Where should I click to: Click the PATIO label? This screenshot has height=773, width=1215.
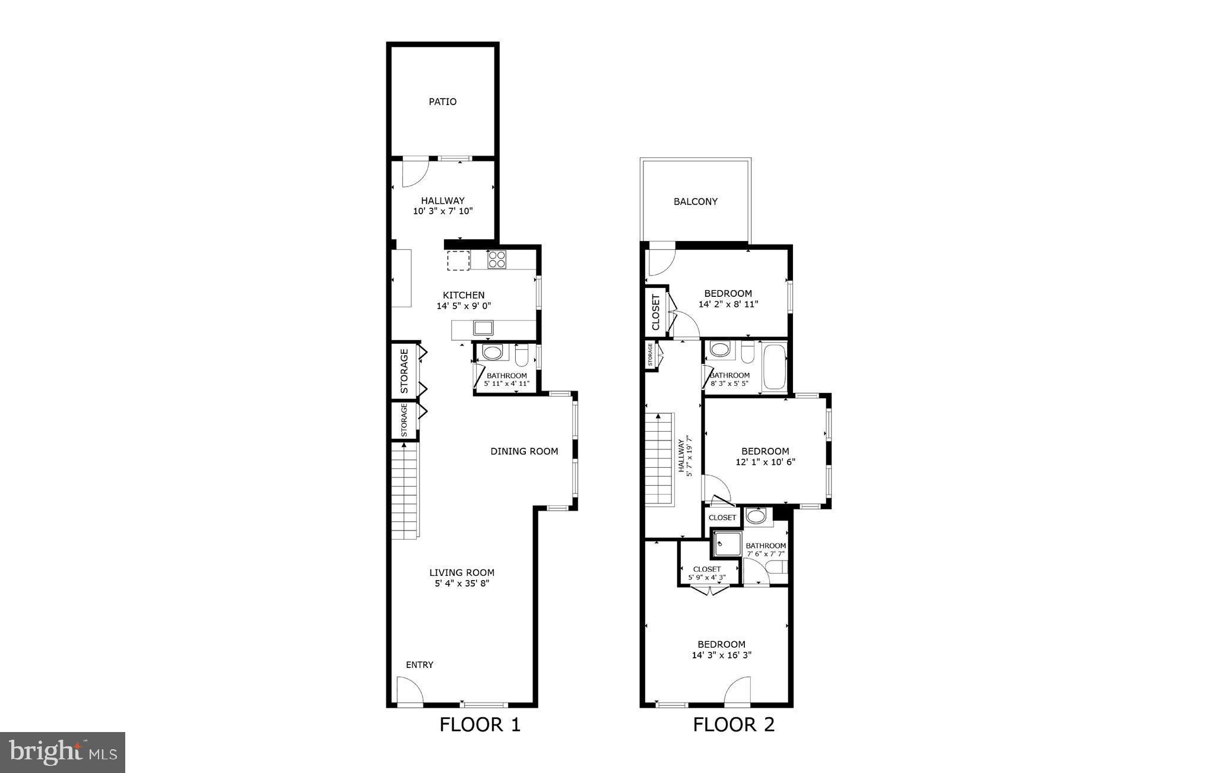[x=443, y=102]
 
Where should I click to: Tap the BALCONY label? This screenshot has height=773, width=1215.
[x=696, y=201]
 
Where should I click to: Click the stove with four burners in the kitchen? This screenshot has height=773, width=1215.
[x=497, y=259]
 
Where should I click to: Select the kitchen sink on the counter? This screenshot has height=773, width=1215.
[x=483, y=327]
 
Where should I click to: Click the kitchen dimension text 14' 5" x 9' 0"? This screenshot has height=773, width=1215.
[x=464, y=306]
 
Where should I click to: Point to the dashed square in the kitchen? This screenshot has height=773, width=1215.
[x=458, y=260]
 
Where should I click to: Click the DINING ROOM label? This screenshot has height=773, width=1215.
[x=524, y=451]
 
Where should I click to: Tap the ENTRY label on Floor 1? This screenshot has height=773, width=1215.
[x=419, y=664]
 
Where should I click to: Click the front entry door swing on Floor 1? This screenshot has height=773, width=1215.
[x=409, y=691]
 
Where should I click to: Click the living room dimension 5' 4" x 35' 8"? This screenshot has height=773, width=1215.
[x=462, y=584]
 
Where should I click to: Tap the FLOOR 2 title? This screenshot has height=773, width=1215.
[x=734, y=725]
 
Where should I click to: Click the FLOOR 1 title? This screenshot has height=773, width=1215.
[x=480, y=725]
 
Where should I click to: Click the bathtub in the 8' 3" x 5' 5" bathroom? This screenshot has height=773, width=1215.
[x=774, y=366]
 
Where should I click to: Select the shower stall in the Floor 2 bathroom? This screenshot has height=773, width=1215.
[x=727, y=544]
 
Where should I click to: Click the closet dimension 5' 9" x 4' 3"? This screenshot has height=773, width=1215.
[x=706, y=577]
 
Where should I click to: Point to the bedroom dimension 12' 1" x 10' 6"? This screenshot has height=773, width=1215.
[x=765, y=462]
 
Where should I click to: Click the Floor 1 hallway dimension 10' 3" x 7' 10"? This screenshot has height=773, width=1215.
[x=443, y=211]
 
